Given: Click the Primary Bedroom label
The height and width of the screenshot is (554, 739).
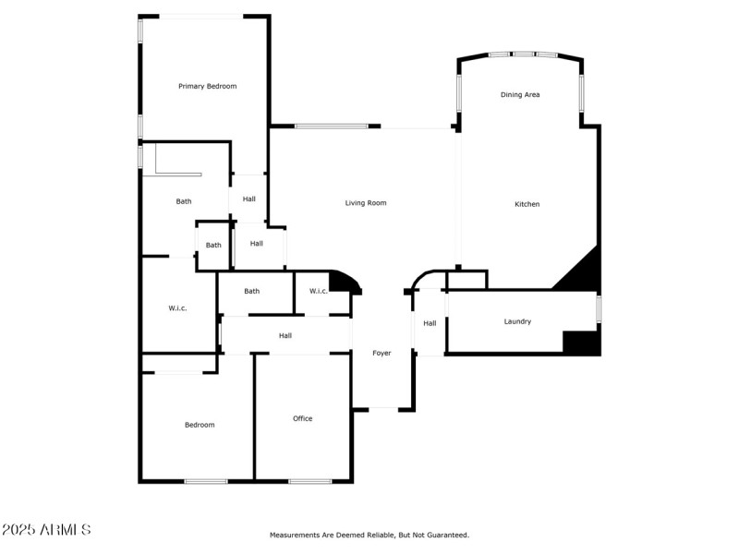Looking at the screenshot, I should point(207,86).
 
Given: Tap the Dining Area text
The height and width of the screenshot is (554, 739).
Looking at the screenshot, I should point(520,94).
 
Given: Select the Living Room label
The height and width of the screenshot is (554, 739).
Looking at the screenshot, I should point(366,203).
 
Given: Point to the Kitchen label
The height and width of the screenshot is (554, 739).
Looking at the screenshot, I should point(527,204).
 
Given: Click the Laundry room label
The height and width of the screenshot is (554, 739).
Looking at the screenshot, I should point(517,321).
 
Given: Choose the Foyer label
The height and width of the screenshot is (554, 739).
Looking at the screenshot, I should point(382,353).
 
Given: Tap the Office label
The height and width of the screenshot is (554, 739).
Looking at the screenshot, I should point(302,418).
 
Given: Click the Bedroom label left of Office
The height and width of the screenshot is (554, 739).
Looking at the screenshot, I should point(200,425).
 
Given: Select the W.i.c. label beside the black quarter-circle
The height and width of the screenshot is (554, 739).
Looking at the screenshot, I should point(318,291).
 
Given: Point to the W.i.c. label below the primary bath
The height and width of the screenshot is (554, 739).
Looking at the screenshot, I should point(177,307).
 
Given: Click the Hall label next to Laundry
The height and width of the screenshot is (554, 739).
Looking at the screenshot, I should point(430,323).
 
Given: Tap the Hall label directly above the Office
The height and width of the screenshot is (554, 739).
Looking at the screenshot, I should point(285,335).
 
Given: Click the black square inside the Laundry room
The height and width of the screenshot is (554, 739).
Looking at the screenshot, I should point(581,342).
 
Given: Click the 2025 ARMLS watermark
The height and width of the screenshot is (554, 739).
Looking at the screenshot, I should point(46,530).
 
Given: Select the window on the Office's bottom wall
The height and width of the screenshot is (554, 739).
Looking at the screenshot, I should point(309,480).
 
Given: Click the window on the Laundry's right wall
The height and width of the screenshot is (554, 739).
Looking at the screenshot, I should point(599,308).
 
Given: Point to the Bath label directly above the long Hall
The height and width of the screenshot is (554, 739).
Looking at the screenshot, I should point(251,291).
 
